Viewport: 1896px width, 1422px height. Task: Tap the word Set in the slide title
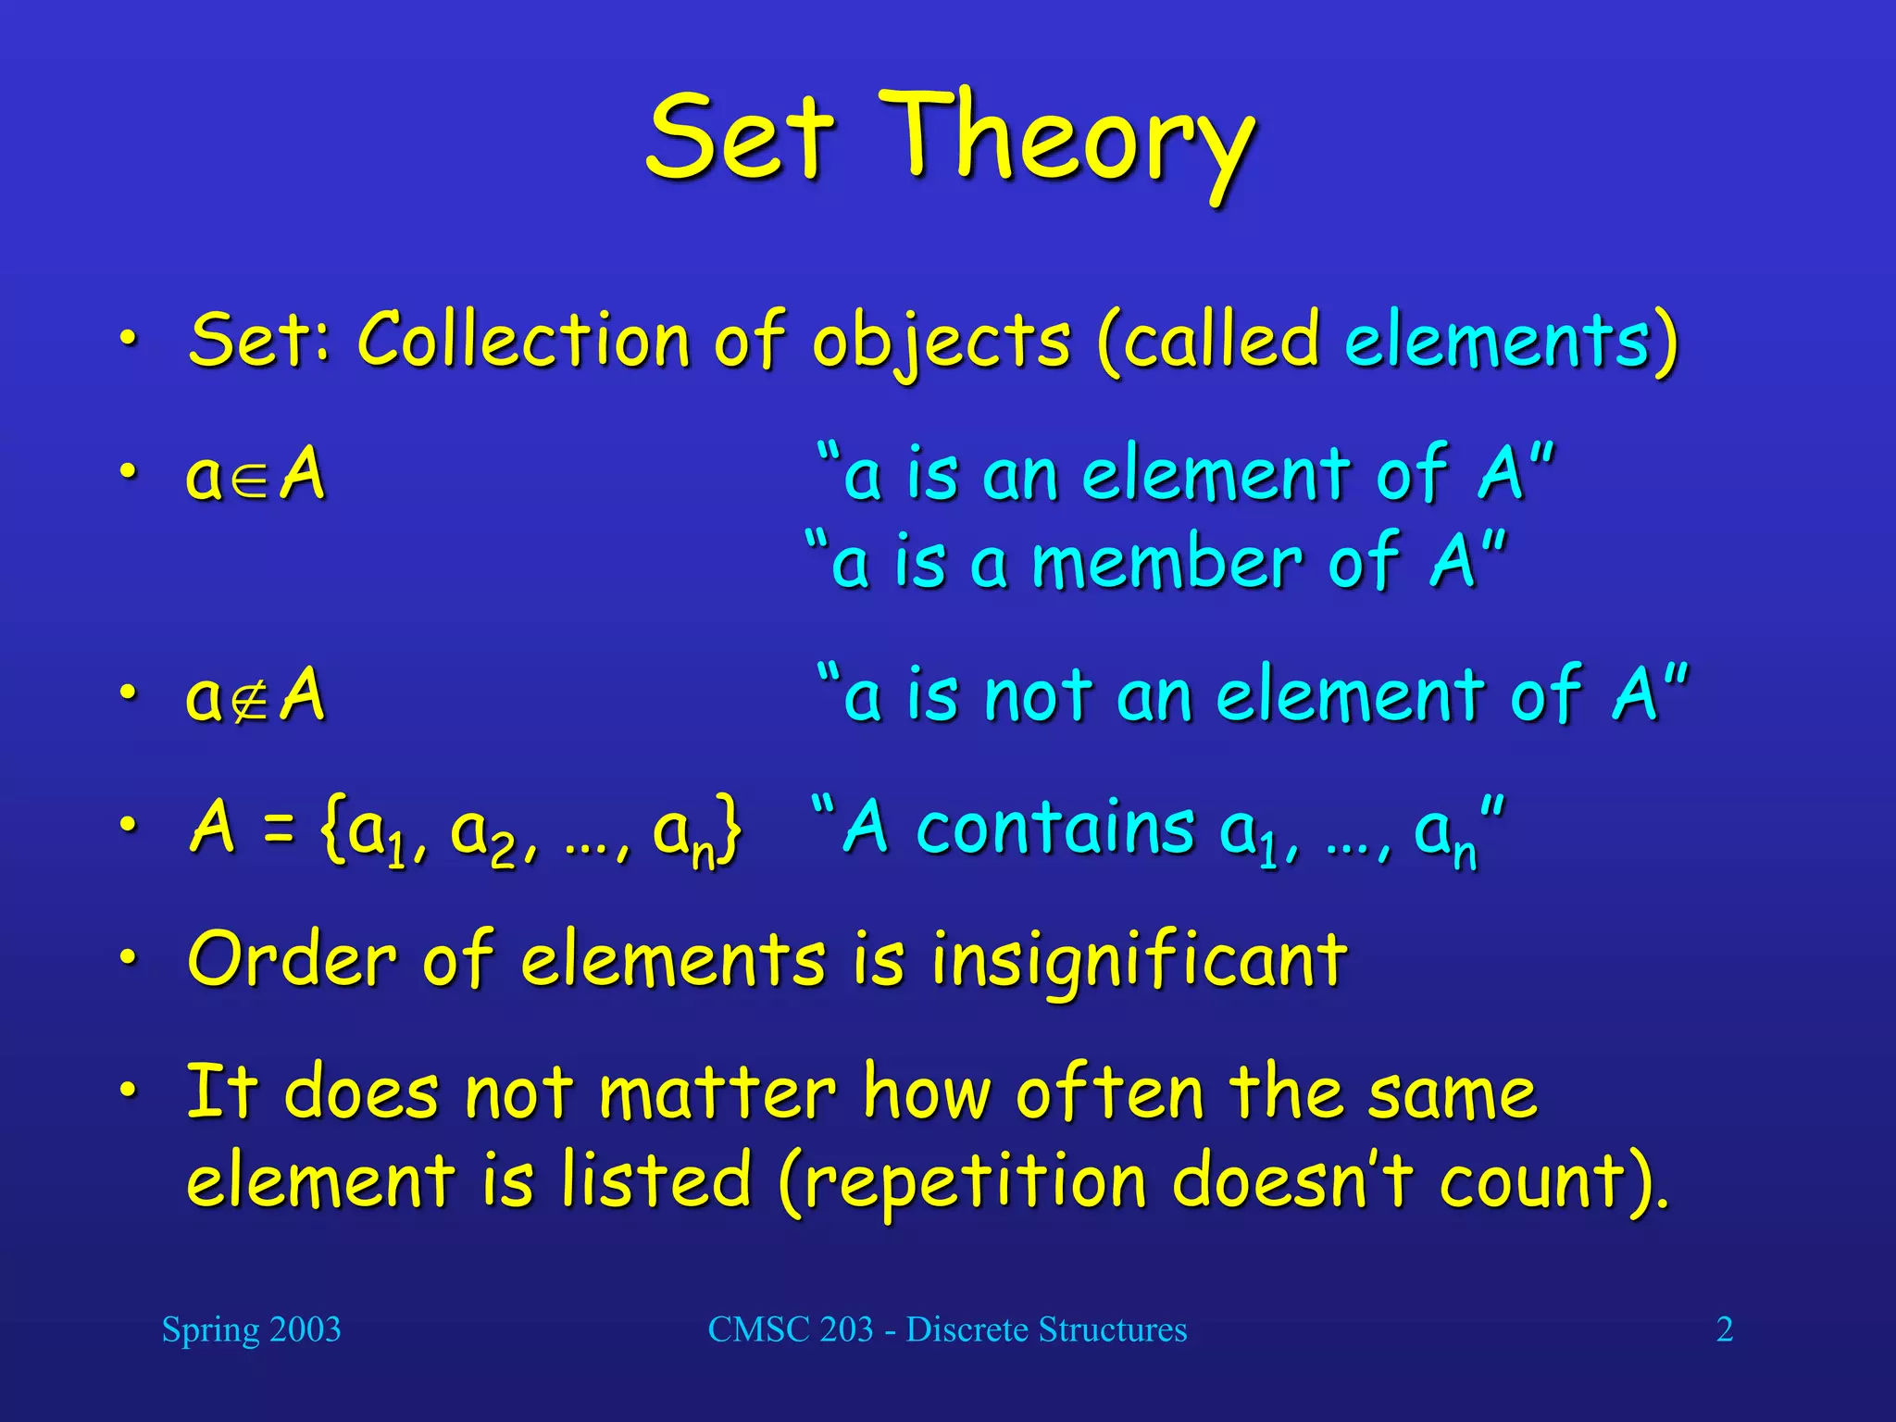click(x=741, y=139)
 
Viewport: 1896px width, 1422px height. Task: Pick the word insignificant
click(x=1139, y=961)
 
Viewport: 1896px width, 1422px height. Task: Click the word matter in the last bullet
click(x=718, y=1093)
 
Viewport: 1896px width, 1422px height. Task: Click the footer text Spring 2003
click(x=251, y=1330)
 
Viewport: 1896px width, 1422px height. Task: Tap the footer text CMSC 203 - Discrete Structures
click(x=947, y=1330)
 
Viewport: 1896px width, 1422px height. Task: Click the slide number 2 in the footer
click(x=1724, y=1330)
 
